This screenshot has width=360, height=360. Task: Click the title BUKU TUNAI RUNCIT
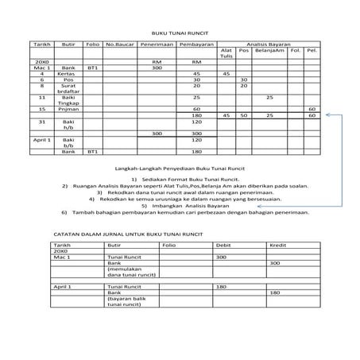pos(179,35)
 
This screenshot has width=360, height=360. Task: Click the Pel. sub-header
pos(312,52)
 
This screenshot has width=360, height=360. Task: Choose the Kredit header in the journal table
pos(278,246)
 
